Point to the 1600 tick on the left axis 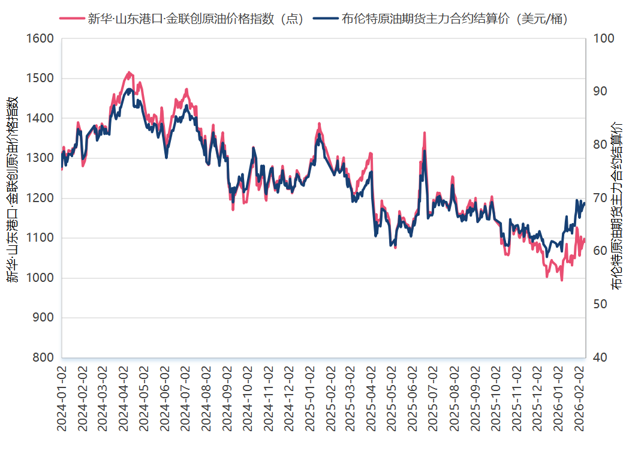point(41,38)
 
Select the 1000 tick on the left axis point(41,278)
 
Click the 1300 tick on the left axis point(41,158)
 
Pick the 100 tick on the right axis point(603,38)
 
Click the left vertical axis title point(13,189)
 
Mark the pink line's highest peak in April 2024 point(128,72)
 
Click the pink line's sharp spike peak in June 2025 point(425,133)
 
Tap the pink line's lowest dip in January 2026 point(562,280)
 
